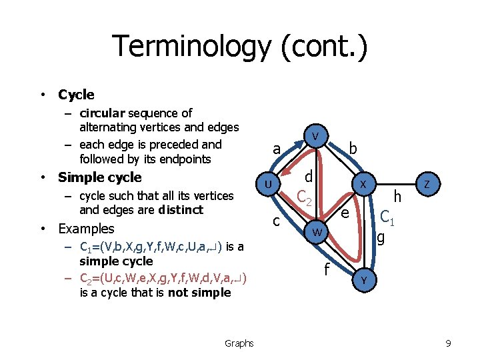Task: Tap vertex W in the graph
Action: [317, 232]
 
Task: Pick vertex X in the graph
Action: [363, 183]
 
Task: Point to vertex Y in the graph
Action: [363, 281]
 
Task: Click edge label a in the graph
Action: [277, 149]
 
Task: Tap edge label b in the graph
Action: [353, 149]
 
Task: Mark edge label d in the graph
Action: [309, 177]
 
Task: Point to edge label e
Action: [345, 213]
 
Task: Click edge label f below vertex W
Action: [327, 269]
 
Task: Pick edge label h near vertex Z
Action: [398, 196]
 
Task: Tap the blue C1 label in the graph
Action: [387, 217]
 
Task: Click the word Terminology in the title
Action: [191, 47]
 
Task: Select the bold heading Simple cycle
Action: [100, 177]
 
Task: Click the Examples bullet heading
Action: [86, 229]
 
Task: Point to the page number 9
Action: [449, 343]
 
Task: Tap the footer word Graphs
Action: [239, 343]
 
